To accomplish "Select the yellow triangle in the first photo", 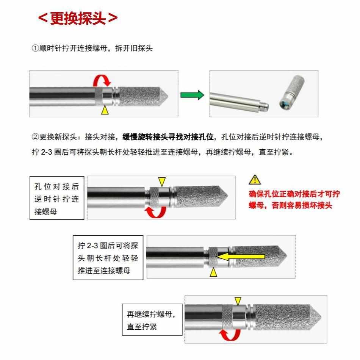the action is pos(105,110).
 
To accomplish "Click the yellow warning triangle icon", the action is pos(254,179).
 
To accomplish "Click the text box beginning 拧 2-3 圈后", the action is pos(108,258).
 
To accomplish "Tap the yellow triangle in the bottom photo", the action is pos(238,301).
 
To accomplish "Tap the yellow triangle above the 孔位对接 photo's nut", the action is pos(162,181).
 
